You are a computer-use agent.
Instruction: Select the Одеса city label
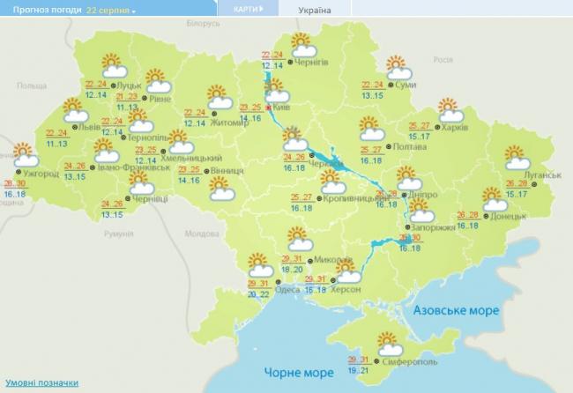tap(287, 290)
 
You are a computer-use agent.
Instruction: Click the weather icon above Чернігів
tap(303, 43)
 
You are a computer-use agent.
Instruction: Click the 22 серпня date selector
tap(111, 10)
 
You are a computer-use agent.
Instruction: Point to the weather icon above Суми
tap(398, 66)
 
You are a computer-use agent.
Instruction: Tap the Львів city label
tap(89, 127)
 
